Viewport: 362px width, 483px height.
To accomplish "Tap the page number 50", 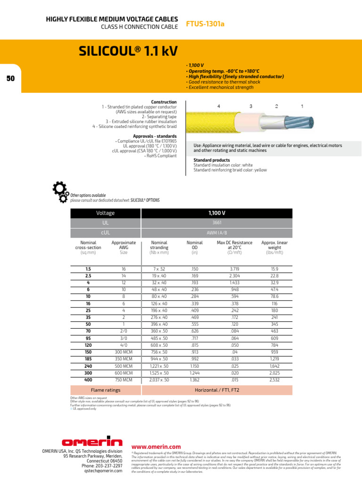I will click(11, 79).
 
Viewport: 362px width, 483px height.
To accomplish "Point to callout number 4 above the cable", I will click(219, 106).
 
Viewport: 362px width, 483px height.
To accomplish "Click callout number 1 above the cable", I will click(302, 106).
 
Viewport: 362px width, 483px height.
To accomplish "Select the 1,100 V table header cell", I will click(217, 213).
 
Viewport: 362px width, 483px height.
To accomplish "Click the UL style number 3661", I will click(217, 223).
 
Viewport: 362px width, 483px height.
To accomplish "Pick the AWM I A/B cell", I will click(217, 233).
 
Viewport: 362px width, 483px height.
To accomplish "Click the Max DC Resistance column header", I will click(234, 247).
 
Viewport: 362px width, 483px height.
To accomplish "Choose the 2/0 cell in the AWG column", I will click(123, 331).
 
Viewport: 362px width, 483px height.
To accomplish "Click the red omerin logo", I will click(92, 442).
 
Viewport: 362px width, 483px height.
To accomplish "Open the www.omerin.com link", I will click(156, 447).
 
